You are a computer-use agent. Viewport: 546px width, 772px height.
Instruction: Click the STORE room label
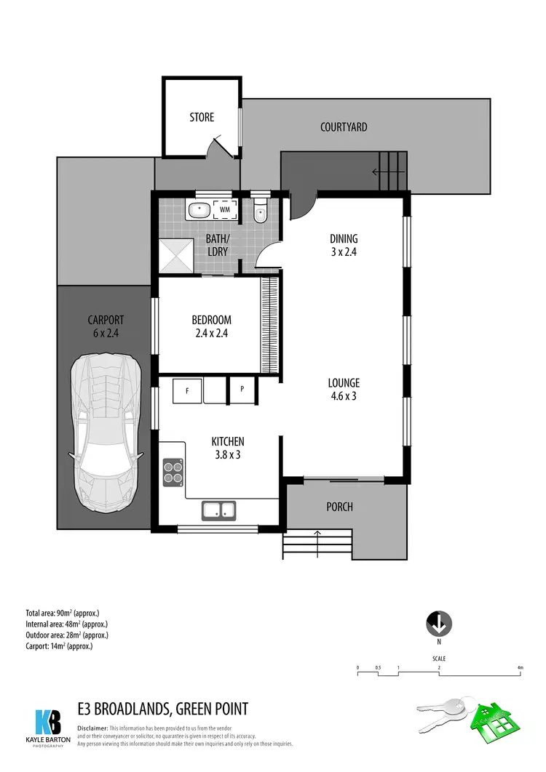tap(202, 117)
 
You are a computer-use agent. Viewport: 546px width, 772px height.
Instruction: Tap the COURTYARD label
tap(344, 127)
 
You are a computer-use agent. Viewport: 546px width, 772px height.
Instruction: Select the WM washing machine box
tap(225, 210)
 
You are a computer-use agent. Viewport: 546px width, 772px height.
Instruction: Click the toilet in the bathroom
tap(261, 212)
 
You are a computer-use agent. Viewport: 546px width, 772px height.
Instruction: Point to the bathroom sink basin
tap(199, 211)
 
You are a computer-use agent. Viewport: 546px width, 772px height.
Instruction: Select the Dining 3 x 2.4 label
tap(344, 246)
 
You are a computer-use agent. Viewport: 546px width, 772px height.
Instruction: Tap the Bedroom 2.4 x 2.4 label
tap(211, 326)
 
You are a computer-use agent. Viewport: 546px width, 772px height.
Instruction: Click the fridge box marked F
tap(187, 390)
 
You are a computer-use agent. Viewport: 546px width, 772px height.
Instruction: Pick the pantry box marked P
tap(242, 390)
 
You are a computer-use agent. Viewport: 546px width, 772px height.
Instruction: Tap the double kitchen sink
tap(218, 510)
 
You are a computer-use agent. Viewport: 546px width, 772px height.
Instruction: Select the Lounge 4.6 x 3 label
tap(344, 390)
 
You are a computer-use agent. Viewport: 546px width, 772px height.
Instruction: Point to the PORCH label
tap(339, 507)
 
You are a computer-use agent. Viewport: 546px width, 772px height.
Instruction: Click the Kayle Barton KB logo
tap(50, 723)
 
